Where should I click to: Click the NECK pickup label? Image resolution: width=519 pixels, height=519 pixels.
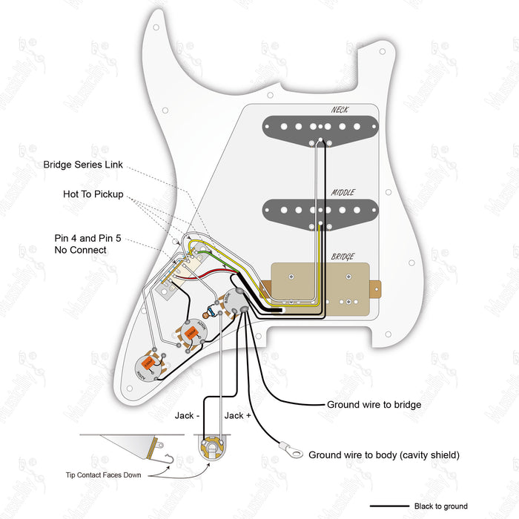pyautogui.click(x=340, y=110)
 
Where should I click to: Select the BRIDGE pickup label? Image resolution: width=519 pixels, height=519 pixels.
pyautogui.click(x=343, y=256)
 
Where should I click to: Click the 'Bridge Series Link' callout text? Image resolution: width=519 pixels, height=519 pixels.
pyautogui.click(x=83, y=165)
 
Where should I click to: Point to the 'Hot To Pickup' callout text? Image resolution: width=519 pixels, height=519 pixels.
pyautogui.click(x=93, y=194)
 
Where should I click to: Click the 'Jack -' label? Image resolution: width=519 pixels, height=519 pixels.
pyautogui.click(x=188, y=415)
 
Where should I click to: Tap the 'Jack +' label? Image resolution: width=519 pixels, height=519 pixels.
pyautogui.click(x=238, y=415)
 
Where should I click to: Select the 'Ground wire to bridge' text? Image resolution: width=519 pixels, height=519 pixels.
pyautogui.click(x=374, y=405)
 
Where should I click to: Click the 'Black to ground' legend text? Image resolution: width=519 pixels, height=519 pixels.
pyautogui.click(x=441, y=506)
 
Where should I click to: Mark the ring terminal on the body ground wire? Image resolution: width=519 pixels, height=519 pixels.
pyautogui.click(x=289, y=449)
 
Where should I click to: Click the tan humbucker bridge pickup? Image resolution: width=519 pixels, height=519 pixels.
pyautogui.click(x=323, y=285)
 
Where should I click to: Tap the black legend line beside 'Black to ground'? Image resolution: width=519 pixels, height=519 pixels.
pyautogui.click(x=388, y=506)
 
